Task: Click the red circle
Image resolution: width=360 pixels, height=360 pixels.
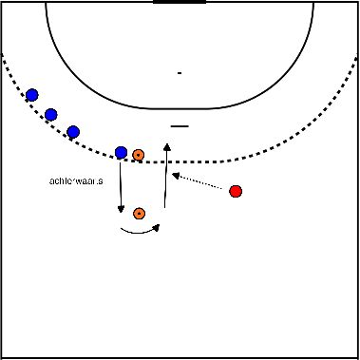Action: pos(236,192)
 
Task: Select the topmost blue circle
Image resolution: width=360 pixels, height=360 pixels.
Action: pos(32,95)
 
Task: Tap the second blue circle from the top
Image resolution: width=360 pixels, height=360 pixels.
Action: pos(51,115)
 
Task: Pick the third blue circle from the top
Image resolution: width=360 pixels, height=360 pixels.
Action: pos(73,132)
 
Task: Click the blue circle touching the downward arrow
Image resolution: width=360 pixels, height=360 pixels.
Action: pos(121,152)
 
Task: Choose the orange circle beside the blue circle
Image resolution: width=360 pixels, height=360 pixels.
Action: pos(139,154)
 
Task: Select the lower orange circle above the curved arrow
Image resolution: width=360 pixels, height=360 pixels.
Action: pos(140,213)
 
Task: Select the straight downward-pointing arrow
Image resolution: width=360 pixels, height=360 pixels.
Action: pos(122,186)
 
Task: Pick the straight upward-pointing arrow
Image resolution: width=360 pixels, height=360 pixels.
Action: pos(166,177)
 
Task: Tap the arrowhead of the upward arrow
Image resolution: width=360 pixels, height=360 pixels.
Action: pos(166,146)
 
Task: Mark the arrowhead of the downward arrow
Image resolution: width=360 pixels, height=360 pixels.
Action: pos(122,210)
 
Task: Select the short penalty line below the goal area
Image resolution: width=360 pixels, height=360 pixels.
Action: pos(180,125)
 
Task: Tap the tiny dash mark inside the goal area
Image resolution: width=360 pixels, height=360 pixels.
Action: pos(179,72)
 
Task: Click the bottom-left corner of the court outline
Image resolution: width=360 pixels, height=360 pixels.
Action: pos(3,356)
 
